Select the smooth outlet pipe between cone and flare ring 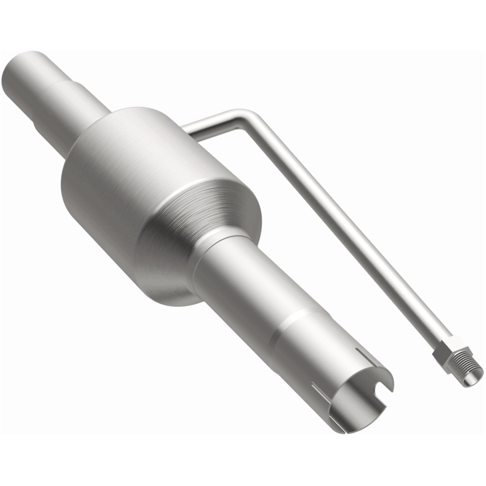coord(255,292)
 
